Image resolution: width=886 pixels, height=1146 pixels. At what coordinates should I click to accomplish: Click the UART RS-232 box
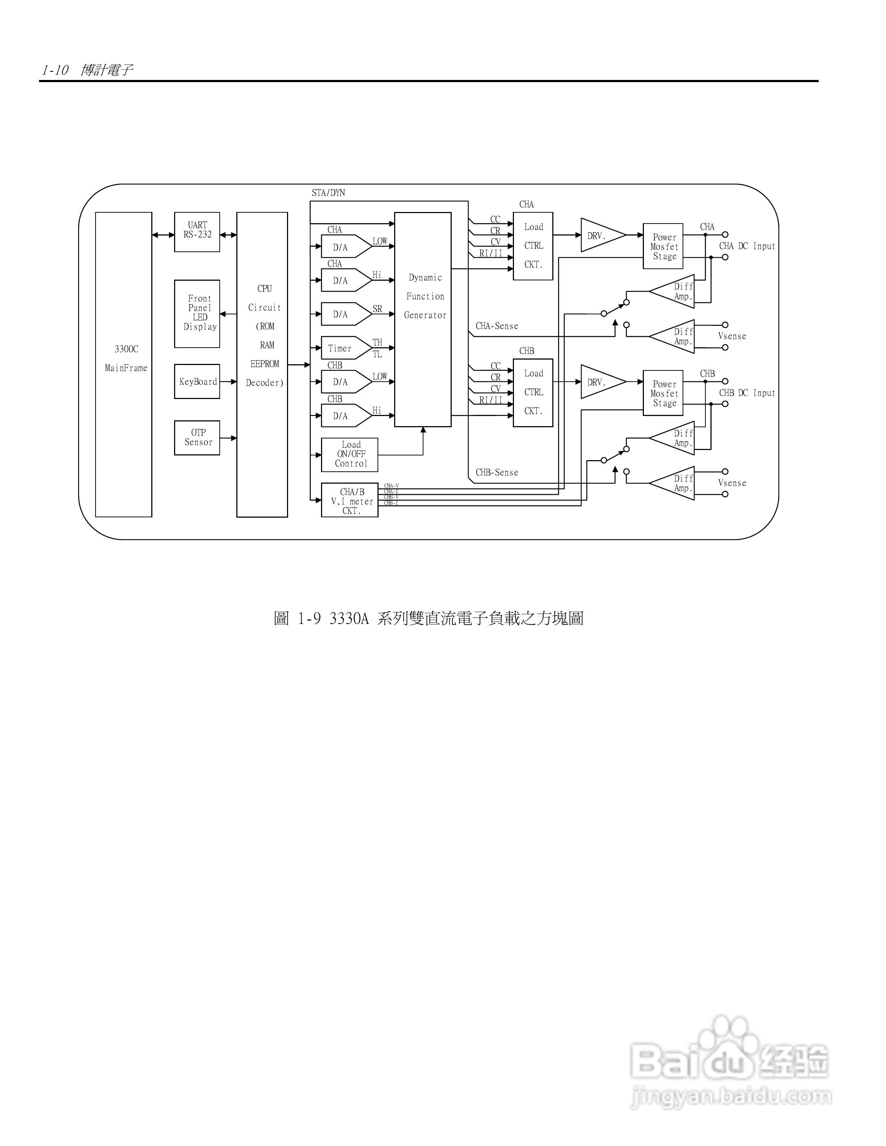pos(197,232)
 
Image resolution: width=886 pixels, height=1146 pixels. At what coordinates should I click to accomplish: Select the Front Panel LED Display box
pos(197,313)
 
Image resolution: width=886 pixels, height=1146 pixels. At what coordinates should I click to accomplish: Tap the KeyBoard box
pos(197,382)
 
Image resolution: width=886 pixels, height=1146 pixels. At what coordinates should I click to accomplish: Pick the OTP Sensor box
pos(197,438)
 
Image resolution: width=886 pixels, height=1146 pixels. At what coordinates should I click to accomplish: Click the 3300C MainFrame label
pos(126,358)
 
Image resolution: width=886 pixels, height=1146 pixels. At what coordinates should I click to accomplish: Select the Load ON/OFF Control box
pos(350,454)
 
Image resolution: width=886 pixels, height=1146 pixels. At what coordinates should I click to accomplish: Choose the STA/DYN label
pos(328,192)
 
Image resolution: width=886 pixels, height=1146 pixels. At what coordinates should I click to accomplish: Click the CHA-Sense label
pos(497,326)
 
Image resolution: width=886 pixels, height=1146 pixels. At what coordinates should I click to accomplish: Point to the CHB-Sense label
pos(497,472)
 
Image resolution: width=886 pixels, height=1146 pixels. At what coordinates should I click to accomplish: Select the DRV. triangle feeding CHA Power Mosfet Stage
pos(601,235)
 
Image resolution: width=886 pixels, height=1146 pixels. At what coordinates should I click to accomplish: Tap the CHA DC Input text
pos(746,246)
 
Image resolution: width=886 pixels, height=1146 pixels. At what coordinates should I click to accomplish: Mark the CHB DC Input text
pos(746,393)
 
